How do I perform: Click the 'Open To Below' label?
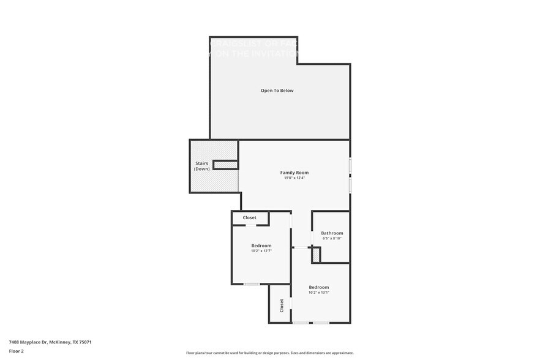click(x=277, y=91)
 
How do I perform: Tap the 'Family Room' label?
click(x=294, y=173)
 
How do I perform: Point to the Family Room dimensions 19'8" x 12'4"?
click(x=294, y=178)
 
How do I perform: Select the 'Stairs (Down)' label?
click(x=201, y=166)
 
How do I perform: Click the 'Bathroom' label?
click(x=332, y=233)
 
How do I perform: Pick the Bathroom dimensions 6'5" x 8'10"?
click(x=332, y=238)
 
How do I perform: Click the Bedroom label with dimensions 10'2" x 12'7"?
click(x=261, y=246)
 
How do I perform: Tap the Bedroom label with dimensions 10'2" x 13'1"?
click(x=318, y=287)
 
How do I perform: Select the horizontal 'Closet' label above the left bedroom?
click(x=249, y=217)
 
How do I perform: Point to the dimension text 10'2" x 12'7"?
click(x=261, y=251)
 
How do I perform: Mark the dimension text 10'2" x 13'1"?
click(x=318, y=293)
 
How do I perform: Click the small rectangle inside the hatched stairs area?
click(x=225, y=164)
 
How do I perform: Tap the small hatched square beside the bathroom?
click(x=316, y=255)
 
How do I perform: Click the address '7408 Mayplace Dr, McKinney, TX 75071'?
click(x=50, y=342)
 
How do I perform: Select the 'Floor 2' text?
click(x=17, y=351)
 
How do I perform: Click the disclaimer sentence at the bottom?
click(x=269, y=353)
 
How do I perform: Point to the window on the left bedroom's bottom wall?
click(x=251, y=284)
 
